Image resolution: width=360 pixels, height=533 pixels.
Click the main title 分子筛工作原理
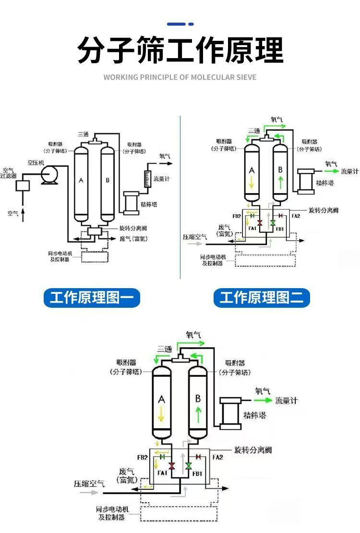click(x=180, y=50)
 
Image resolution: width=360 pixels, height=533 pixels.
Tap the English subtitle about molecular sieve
click(x=180, y=77)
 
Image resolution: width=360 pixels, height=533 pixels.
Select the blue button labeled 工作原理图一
click(x=92, y=298)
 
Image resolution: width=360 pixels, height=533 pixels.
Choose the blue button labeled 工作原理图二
click(x=262, y=298)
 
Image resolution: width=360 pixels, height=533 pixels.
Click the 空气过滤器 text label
click(x=8, y=173)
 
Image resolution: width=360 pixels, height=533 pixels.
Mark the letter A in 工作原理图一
click(x=81, y=180)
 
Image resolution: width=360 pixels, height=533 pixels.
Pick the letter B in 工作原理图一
click(x=108, y=180)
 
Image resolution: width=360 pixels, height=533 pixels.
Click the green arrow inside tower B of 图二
click(x=279, y=183)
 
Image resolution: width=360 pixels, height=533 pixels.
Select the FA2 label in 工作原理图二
click(x=296, y=216)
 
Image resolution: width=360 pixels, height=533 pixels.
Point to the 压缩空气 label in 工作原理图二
click(x=195, y=237)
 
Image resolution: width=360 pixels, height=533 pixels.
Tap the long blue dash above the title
click(x=176, y=24)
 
